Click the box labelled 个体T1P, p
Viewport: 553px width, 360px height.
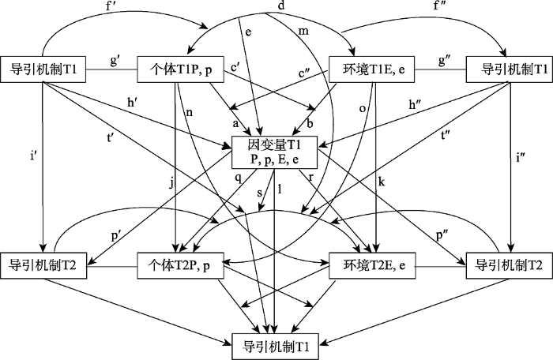180,69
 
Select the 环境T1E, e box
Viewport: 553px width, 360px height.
371,69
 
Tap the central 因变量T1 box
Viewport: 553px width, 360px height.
275,152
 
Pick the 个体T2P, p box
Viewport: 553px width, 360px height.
180,265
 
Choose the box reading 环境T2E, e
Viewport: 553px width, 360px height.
372,265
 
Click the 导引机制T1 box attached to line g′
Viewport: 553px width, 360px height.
43,69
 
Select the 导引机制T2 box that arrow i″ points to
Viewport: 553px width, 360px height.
510,265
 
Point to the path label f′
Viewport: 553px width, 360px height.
112,6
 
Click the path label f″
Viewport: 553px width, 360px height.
439,6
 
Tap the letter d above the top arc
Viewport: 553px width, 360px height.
281,6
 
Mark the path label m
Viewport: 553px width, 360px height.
303,32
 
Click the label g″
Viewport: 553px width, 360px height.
445,60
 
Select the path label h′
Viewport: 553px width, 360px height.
133,102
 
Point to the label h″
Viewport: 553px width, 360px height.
416,104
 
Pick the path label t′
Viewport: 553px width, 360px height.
110,137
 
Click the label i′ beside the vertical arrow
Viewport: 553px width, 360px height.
33,156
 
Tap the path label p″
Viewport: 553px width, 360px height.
442,235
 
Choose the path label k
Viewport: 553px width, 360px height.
382,182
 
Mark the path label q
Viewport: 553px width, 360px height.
239,178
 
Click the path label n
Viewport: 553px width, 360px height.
190,113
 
